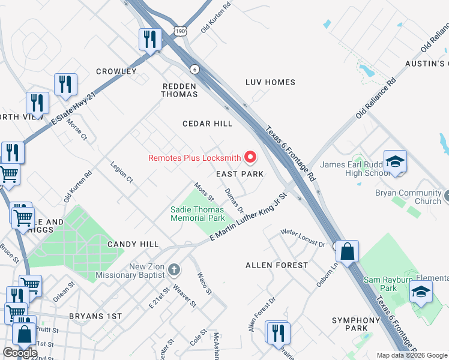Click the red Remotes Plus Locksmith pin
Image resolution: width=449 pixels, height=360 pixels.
point(250,158)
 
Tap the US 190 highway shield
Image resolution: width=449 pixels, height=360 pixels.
point(181,30)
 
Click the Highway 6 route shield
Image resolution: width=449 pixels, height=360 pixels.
point(194,70)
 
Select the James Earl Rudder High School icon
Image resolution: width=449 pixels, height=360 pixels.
point(395,161)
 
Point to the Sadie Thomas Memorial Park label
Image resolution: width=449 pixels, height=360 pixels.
point(197,214)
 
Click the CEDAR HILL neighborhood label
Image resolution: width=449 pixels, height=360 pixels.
point(207,124)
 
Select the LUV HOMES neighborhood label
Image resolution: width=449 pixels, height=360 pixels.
point(270,82)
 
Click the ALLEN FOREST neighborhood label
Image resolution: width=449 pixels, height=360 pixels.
point(277,265)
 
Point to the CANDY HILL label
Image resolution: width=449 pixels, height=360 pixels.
point(133,244)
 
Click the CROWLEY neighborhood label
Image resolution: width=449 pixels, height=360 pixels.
point(116,71)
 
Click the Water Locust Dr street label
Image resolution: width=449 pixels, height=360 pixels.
point(303,238)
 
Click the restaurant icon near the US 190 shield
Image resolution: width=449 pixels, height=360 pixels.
point(149,40)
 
